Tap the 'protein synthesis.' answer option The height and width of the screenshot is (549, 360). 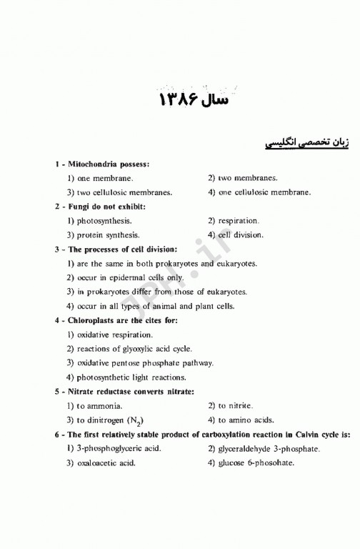click(x=108, y=234)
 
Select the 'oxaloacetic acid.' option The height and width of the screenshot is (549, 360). click(x=106, y=463)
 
